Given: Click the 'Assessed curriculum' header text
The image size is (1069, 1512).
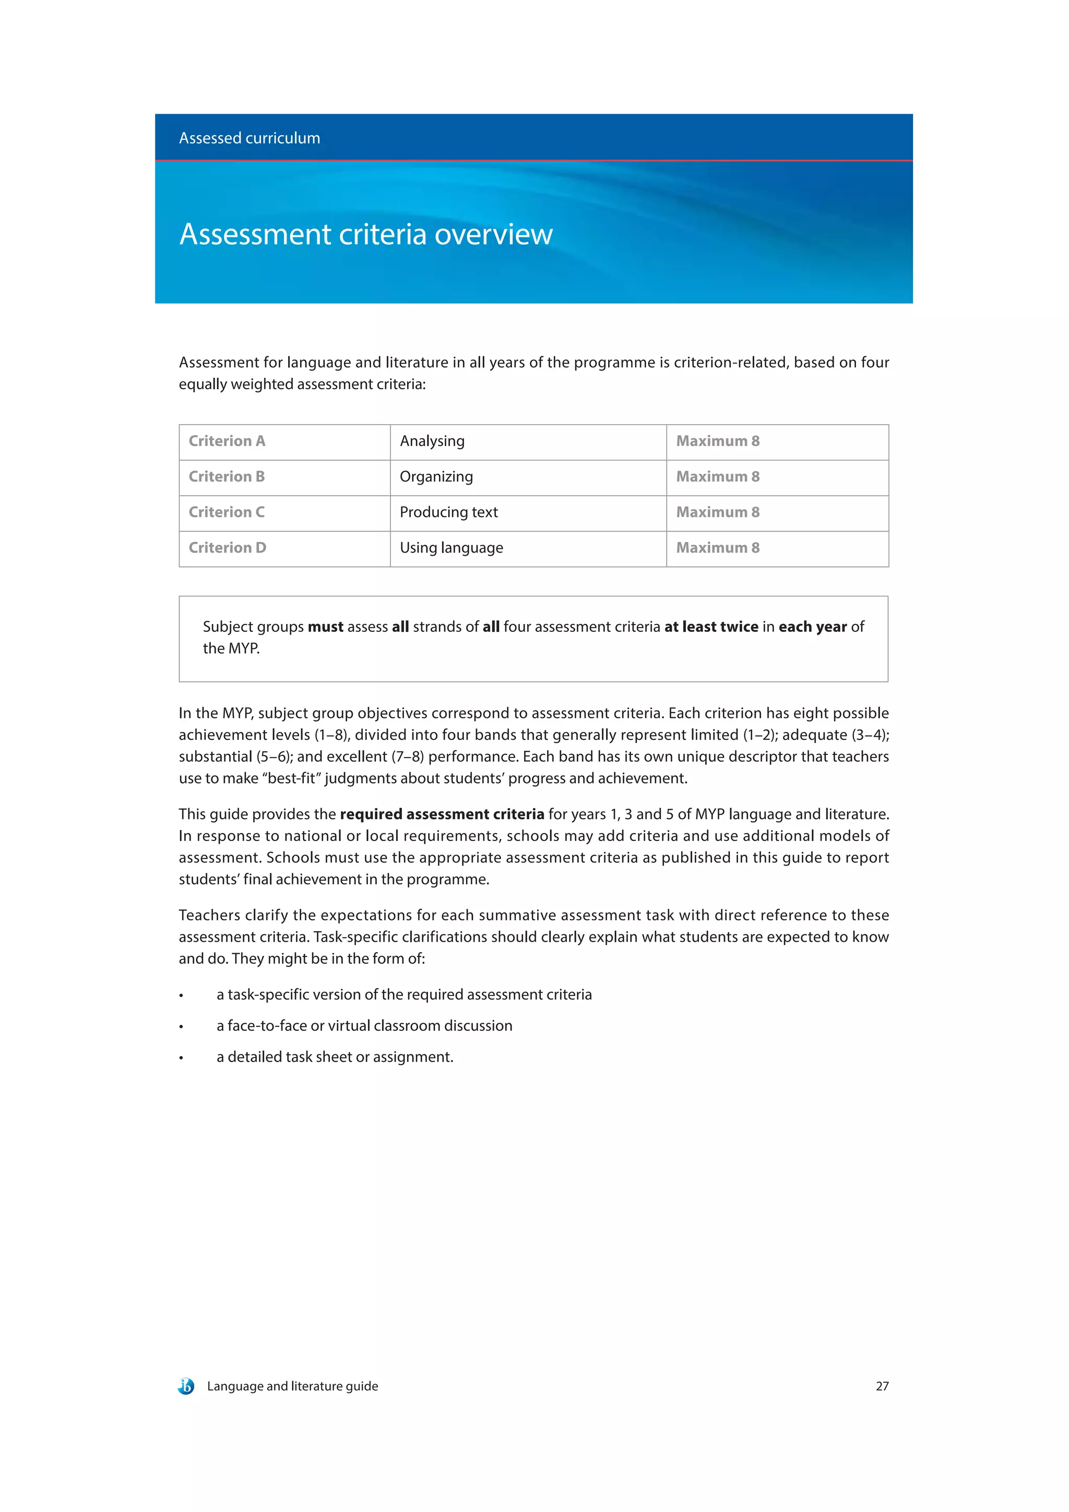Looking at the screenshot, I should click(249, 138).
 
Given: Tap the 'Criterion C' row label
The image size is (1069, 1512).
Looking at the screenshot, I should click(227, 512).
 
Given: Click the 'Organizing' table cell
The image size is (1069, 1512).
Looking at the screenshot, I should click(436, 476).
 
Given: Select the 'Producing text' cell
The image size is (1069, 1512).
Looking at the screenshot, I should click(448, 512).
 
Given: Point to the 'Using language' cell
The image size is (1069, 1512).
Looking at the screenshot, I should click(451, 547).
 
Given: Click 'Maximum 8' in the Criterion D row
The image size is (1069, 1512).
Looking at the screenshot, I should click(717, 547).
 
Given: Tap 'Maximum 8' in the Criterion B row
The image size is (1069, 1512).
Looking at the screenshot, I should click(717, 476).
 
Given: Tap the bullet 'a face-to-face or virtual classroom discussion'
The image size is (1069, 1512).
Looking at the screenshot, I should click(364, 1025).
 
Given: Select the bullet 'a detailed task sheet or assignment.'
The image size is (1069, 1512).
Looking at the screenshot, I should click(335, 1057).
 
